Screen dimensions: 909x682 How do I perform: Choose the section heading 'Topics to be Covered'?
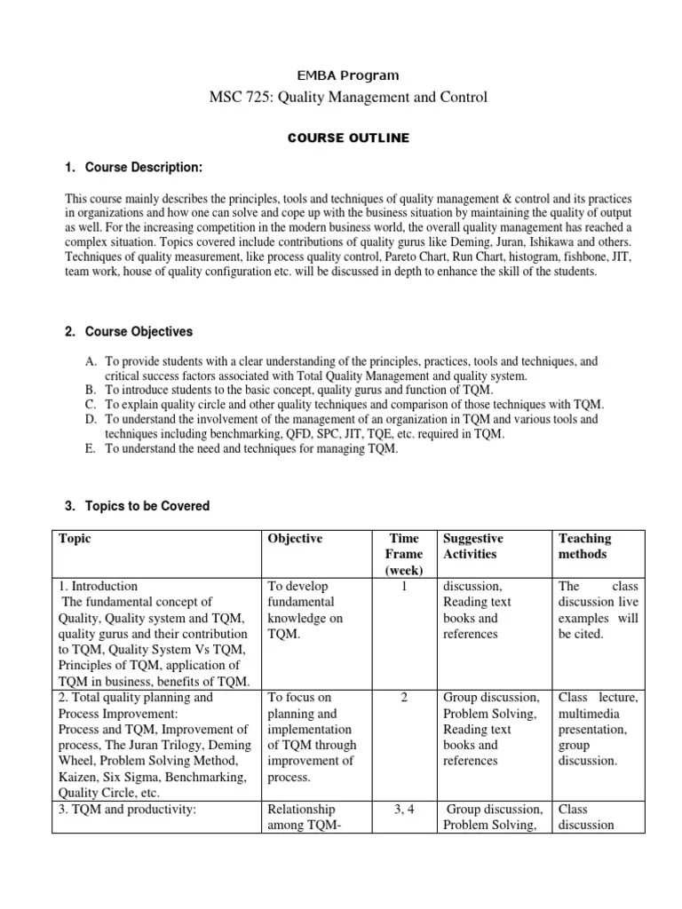pyautogui.click(x=147, y=506)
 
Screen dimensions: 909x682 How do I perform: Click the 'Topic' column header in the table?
pyautogui.click(x=75, y=539)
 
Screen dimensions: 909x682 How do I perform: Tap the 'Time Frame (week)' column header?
pyautogui.click(x=404, y=554)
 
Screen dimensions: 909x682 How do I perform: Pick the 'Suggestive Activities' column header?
pyautogui.click(x=472, y=546)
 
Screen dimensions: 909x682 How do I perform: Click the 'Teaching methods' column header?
pyautogui.click(x=584, y=546)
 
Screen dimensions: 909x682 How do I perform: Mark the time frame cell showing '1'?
pyautogui.click(x=404, y=587)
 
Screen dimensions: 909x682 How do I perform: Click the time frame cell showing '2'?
pyautogui.click(x=404, y=698)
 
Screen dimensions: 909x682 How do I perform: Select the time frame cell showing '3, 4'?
pyautogui.click(x=404, y=810)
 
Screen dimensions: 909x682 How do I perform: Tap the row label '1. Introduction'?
pyautogui.click(x=98, y=587)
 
